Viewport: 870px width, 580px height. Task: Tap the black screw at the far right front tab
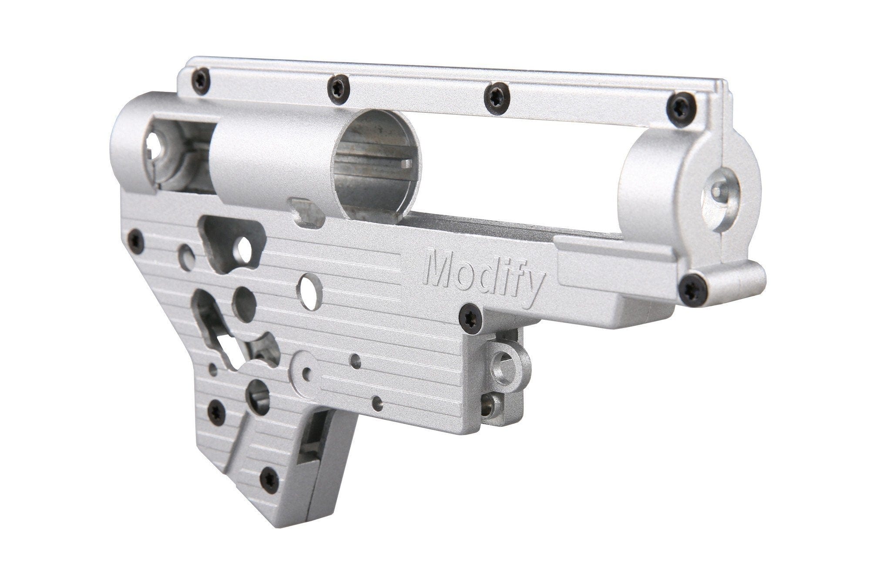[x=693, y=289]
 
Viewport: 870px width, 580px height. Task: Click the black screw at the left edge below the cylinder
[x=136, y=241]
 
